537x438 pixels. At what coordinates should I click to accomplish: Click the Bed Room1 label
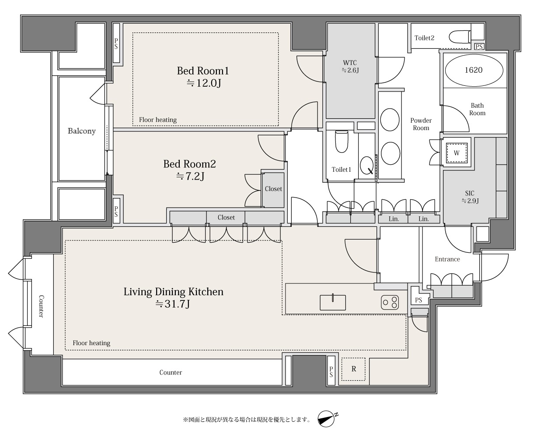coord(203,77)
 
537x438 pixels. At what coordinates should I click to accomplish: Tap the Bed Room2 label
coord(190,170)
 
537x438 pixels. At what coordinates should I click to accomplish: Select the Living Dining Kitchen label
coord(173,298)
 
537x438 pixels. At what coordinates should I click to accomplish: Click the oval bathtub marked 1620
coord(474,70)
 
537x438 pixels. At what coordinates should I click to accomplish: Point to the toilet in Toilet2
coord(460,37)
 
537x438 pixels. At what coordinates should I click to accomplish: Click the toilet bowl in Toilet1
coord(342,141)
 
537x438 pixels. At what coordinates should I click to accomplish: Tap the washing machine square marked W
coord(457,153)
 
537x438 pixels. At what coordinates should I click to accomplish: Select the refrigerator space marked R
coord(353,369)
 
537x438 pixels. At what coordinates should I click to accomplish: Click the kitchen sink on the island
coord(333,302)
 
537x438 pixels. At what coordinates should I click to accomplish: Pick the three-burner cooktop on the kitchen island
coord(390,302)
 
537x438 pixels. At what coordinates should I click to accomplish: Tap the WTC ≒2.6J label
coord(350,67)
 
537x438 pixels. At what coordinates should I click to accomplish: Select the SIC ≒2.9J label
coord(470,197)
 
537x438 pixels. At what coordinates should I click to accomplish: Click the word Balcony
coord(82,131)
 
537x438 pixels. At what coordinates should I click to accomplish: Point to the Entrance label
coord(447,259)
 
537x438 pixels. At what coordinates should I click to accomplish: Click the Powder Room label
coord(421,124)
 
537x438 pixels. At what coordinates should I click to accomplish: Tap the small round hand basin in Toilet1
coord(366,166)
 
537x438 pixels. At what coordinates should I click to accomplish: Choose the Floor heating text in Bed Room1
coord(158,120)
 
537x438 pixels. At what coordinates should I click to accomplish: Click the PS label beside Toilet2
coord(479,46)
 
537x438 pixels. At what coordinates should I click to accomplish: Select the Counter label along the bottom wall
coord(171,372)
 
